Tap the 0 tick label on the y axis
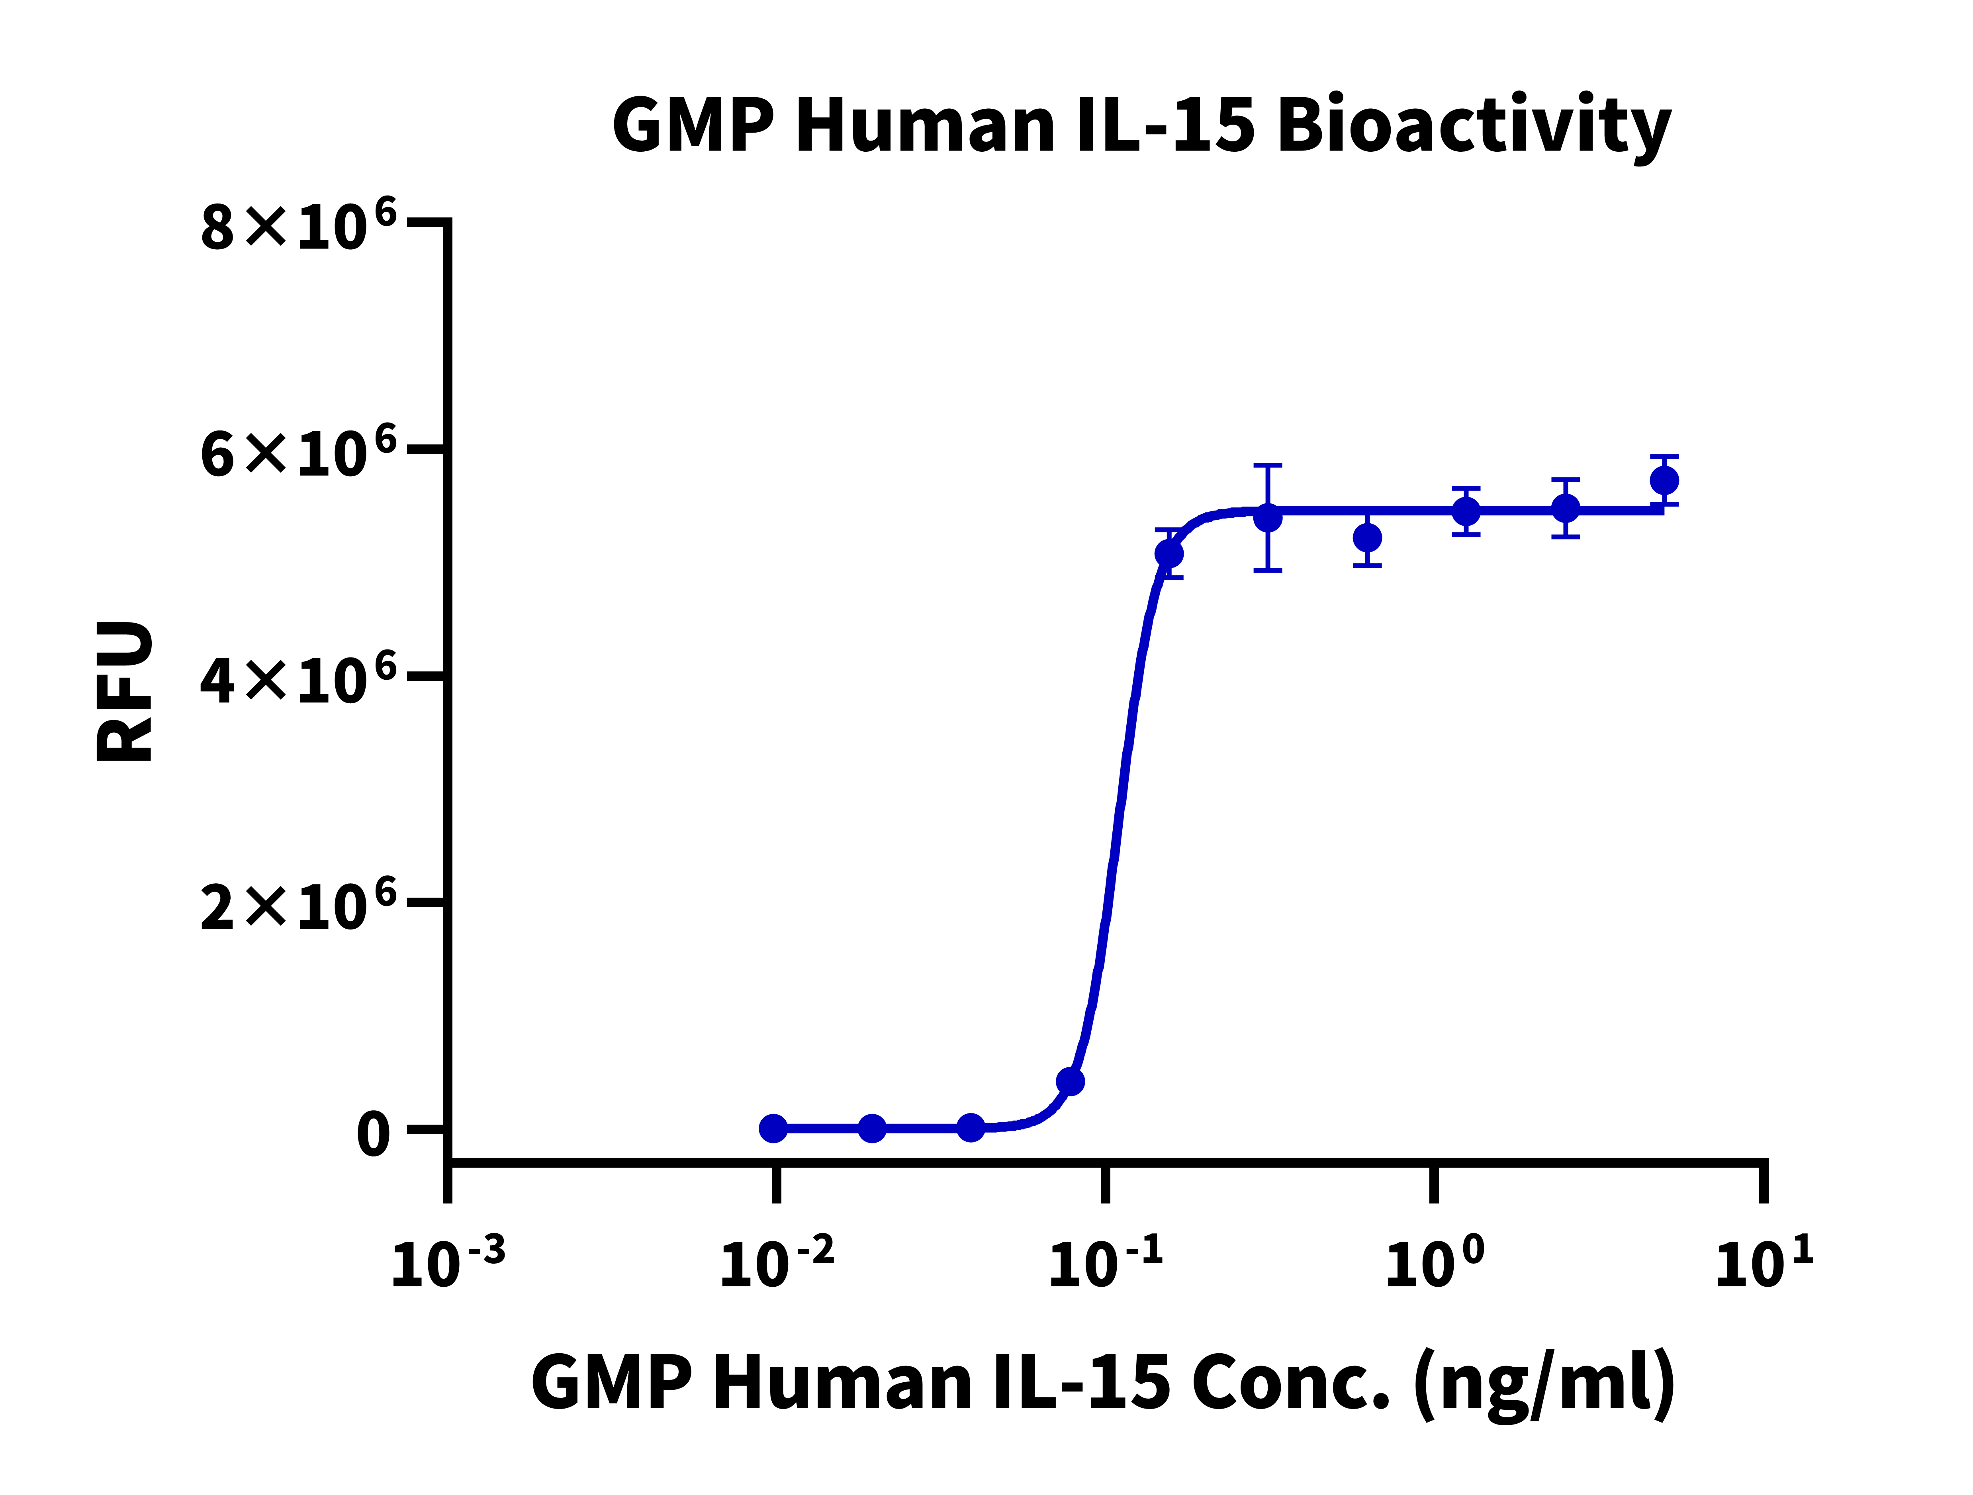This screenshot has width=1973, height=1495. pyautogui.click(x=373, y=1135)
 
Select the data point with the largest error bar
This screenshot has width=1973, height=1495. pyautogui.click(x=1267, y=517)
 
